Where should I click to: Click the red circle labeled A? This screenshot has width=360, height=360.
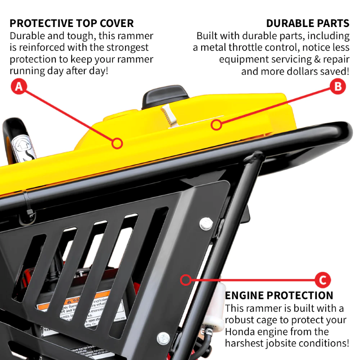click(x=18, y=86)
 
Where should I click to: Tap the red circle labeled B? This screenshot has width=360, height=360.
click(x=338, y=86)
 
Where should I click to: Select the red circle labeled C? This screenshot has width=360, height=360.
click(x=322, y=280)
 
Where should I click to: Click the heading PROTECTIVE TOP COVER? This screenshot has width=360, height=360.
click(x=72, y=23)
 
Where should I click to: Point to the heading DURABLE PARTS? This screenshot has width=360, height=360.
click(x=307, y=23)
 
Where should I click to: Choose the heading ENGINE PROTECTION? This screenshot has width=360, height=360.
click(x=279, y=296)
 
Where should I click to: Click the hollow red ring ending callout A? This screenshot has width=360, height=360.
click(x=117, y=144)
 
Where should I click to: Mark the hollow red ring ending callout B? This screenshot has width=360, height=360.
click(x=217, y=125)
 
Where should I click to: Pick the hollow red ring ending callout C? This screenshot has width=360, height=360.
click(x=185, y=280)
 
